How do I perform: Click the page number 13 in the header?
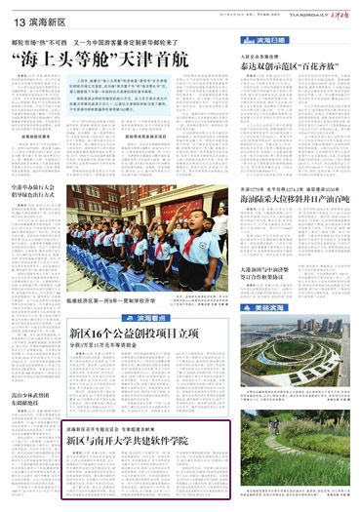click(18, 20)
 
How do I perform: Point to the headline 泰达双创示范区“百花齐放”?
click(288, 66)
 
